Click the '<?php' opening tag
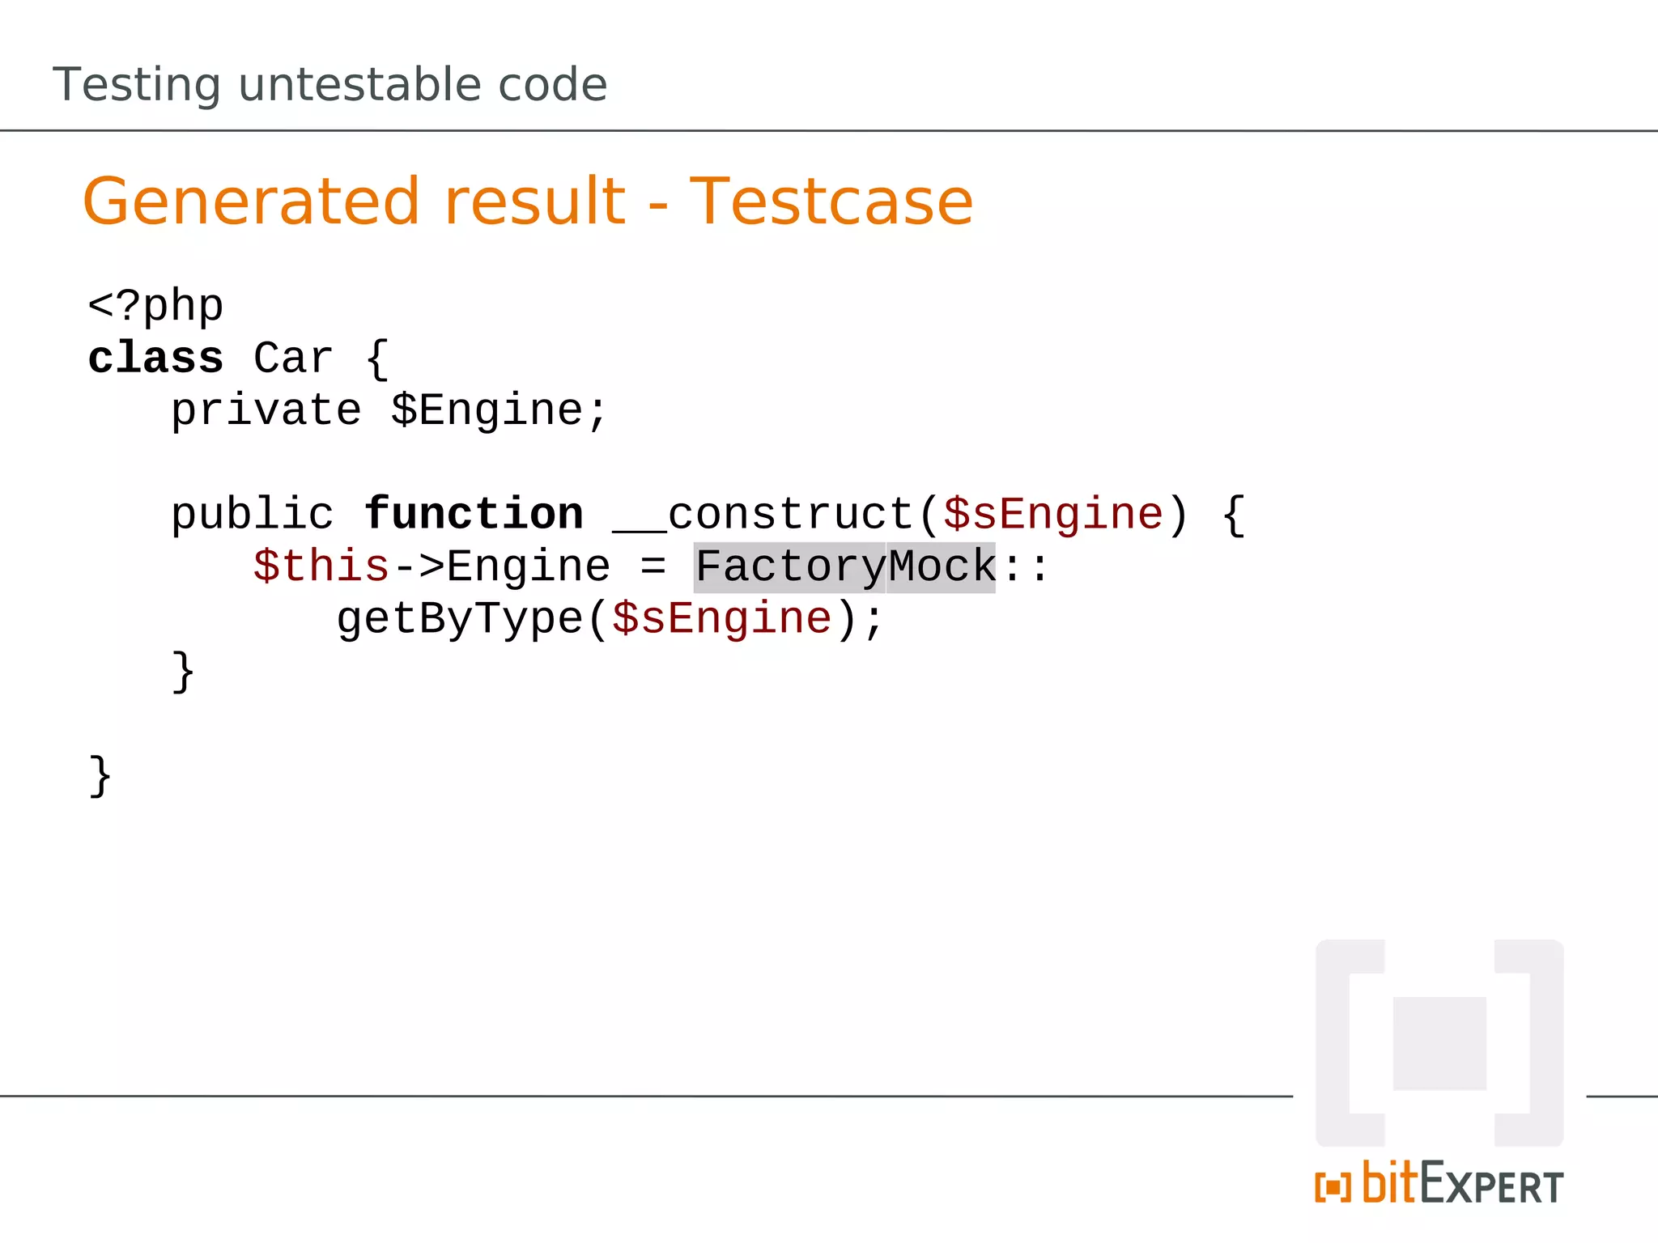pos(155,307)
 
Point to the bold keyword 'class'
pos(155,358)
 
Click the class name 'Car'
pos(293,358)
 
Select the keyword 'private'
pos(266,410)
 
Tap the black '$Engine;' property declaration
pos(499,410)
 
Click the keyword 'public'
pos(252,515)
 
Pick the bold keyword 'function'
pos(474,515)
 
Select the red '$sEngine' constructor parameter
pos(1053,515)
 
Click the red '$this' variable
pos(321,566)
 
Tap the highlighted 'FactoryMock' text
pos(845,566)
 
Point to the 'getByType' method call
pos(459,619)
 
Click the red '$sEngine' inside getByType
pos(722,619)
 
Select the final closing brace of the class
pos(100,776)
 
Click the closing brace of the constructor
pos(183,672)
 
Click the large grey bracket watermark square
pos(1439,1043)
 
